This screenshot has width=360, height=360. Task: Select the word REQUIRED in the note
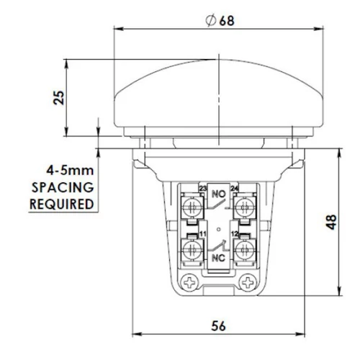tap(62, 203)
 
